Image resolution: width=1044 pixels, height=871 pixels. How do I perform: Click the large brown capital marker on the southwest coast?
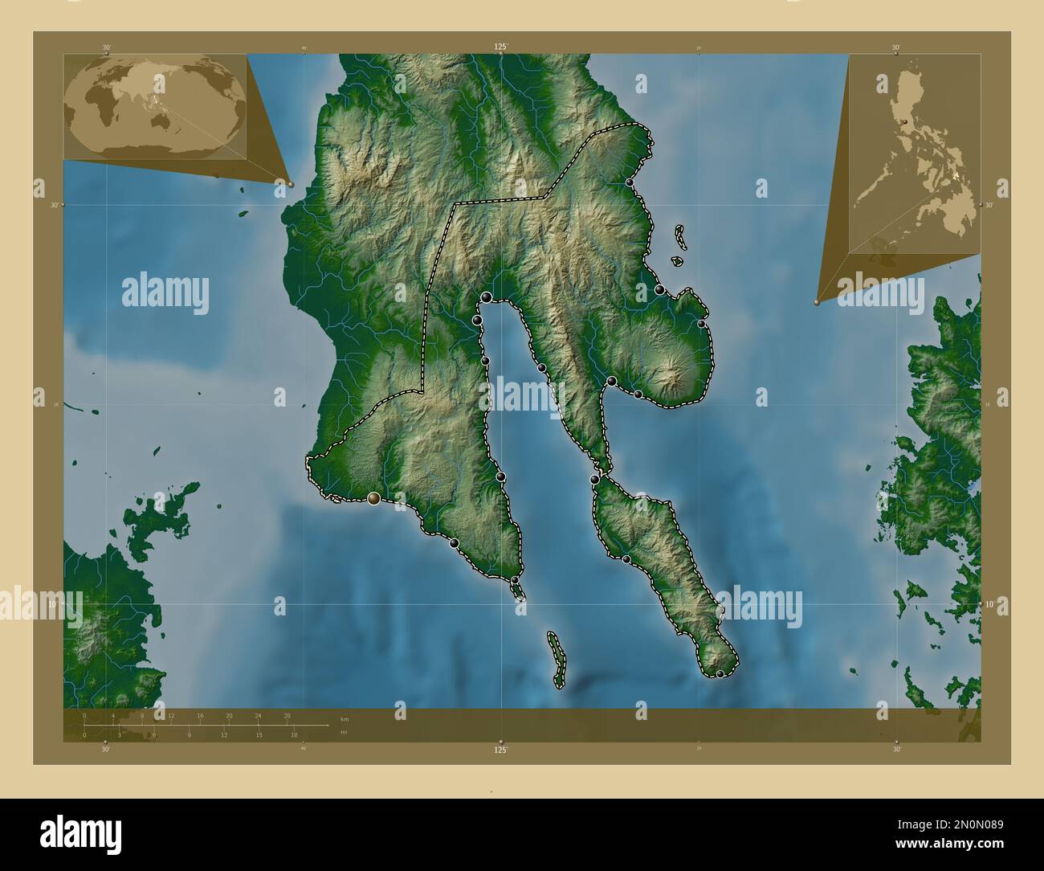point(373,499)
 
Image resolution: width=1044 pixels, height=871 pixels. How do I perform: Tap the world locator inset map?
point(154,106)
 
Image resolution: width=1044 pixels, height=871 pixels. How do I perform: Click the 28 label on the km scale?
point(287,715)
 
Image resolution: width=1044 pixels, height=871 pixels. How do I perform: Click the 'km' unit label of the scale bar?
point(345,718)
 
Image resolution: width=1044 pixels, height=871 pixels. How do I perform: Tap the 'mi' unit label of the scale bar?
point(344,733)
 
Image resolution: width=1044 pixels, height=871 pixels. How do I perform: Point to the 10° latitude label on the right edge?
point(989,603)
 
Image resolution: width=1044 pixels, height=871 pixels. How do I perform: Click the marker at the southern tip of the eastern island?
point(720,673)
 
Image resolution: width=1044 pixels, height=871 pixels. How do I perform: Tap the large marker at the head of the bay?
point(487,298)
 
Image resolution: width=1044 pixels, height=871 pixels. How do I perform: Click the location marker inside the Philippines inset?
point(905,121)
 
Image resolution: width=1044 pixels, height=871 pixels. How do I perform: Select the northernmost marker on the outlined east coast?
point(630,183)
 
